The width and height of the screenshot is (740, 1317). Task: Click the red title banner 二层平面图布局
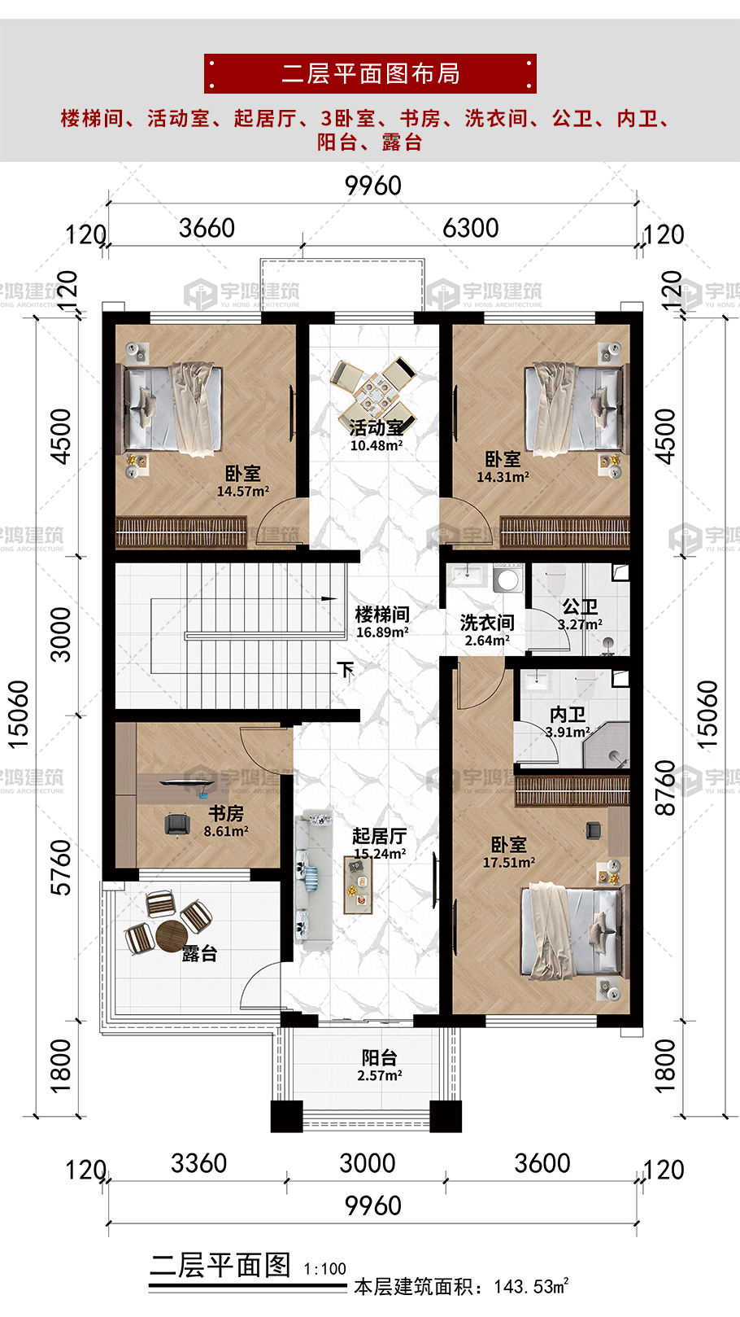(x=370, y=73)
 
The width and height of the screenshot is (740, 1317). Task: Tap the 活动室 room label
(x=377, y=427)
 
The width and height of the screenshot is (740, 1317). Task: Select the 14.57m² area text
(x=243, y=491)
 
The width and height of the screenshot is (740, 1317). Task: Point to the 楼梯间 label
(x=382, y=615)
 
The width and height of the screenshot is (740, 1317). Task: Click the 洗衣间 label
(x=487, y=622)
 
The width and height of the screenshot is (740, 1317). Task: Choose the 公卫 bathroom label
(x=580, y=606)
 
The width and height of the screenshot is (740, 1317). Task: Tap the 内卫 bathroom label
(x=568, y=715)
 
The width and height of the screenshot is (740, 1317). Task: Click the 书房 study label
(x=226, y=813)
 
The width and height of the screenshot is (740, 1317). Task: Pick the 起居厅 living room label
(x=380, y=835)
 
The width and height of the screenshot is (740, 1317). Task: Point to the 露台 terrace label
(x=199, y=953)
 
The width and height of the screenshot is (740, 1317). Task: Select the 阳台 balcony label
(x=380, y=1057)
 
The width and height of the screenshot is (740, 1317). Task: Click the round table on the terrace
(x=172, y=934)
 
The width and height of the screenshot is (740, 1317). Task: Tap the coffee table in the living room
(x=358, y=885)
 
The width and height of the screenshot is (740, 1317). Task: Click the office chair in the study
(x=177, y=824)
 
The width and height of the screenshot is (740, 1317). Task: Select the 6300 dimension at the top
(x=470, y=228)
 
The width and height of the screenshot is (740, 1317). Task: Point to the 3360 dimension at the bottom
(x=198, y=1163)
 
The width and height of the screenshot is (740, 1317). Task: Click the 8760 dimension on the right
(x=665, y=788)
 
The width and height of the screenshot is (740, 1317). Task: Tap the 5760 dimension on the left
(x=60, y=868)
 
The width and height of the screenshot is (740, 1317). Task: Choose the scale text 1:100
(x=324, y=1269)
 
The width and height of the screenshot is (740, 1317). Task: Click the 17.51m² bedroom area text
(x=509, y=863)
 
